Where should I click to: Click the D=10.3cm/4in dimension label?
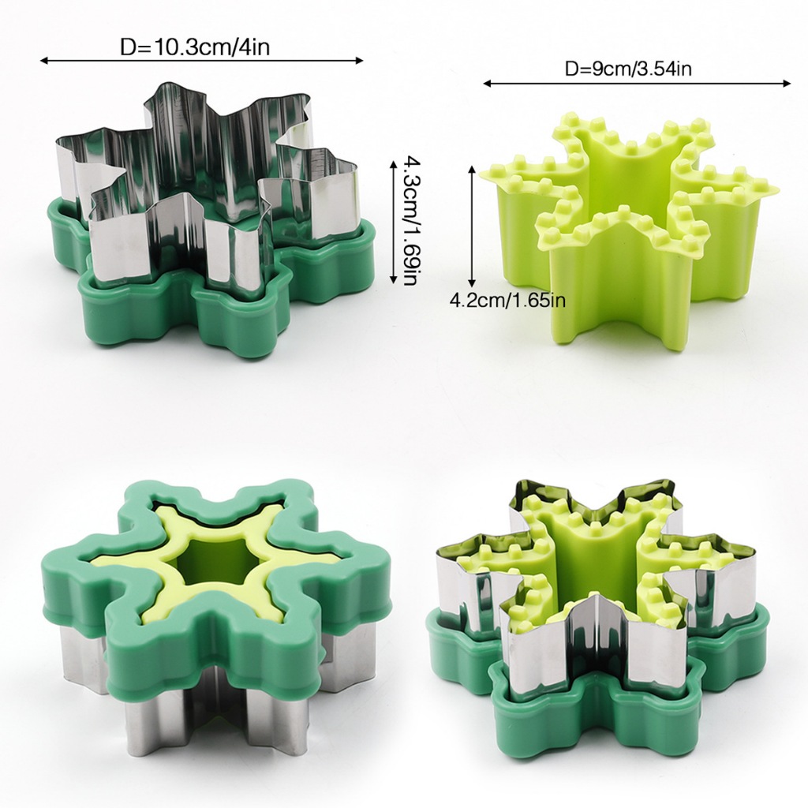click(195, 47)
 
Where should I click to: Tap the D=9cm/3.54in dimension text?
click(628, 68)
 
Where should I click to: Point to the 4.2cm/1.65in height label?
click(507, 300)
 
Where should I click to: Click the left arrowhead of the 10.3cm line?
click(44, 61)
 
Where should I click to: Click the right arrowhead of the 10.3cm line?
click(359, 61)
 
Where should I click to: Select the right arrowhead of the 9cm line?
click(787, 84)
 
